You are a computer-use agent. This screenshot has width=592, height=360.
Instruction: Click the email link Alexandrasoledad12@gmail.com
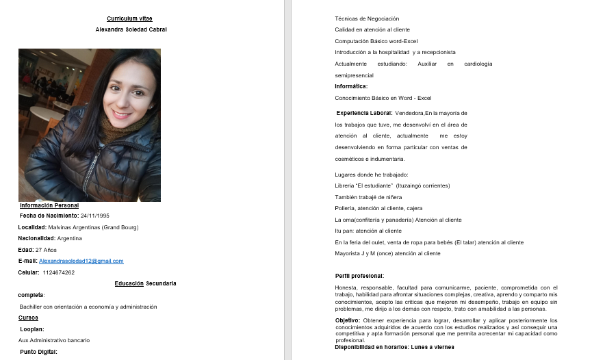coord(81,261)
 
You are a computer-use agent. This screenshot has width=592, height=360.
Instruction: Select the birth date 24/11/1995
coord(94,216)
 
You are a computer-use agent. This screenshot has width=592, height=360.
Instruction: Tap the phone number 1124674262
coord(58,272)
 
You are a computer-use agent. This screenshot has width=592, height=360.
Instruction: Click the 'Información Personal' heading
coord(49,205)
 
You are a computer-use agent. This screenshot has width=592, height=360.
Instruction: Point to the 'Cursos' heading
coord(28,318)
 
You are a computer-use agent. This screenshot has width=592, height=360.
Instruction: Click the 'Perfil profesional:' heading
coord(359,276)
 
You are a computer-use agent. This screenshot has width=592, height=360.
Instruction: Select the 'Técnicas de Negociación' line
coord(367,18)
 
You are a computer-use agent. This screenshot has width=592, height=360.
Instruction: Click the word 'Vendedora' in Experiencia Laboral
coord(409,113)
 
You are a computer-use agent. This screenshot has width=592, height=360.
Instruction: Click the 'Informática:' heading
coord(351,86)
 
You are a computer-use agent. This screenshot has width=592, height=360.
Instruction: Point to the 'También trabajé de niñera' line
coord(369,197)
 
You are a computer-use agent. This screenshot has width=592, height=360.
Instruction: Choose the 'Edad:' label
coord(25,250)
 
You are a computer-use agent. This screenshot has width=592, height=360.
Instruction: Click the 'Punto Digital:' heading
coord(38,352)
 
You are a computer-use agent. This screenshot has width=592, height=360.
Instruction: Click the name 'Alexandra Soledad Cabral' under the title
coord(131,29)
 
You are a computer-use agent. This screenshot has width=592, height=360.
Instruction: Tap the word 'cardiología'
coord(478,64)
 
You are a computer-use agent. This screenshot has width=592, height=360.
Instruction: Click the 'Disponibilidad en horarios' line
coord(394,347)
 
